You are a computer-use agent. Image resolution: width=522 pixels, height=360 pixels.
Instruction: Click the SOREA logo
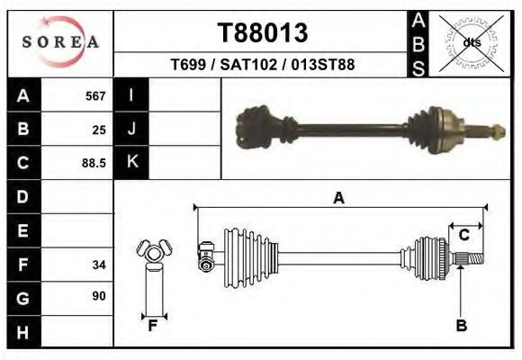coord(60,42)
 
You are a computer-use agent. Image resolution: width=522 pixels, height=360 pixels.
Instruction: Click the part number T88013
coord(263,33)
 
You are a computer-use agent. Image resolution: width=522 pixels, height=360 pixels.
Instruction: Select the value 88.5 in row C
coord(93,163)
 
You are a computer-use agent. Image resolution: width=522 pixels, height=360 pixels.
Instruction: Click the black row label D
coord(23,196)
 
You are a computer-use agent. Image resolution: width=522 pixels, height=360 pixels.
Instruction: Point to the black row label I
coord(131,95)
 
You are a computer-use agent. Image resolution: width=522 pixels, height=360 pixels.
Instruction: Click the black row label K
coord(131,162)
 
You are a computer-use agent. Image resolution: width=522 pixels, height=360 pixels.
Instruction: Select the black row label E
coord(23,230)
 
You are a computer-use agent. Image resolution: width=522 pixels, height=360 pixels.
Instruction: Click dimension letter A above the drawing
coord(339,198)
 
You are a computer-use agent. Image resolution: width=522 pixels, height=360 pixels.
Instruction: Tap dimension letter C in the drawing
coord(464,235)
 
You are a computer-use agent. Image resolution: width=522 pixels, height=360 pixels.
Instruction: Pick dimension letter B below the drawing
coord(461,326)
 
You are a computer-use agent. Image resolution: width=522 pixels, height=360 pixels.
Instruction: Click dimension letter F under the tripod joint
coord(153,326)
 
